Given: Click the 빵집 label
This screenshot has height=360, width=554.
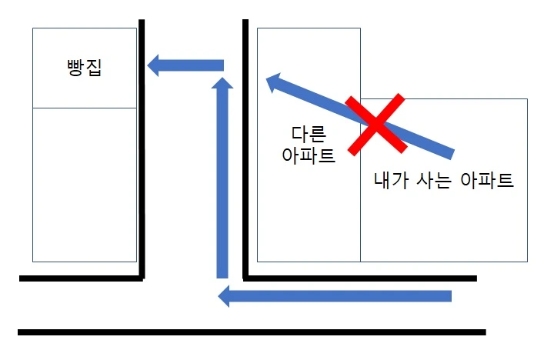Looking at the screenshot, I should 85,70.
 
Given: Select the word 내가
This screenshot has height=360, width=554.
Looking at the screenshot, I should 389,182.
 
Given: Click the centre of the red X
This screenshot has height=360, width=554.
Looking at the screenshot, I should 375,125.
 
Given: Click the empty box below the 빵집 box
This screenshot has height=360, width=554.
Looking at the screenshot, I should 85,185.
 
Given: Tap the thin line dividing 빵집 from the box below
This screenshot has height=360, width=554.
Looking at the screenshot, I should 85,108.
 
